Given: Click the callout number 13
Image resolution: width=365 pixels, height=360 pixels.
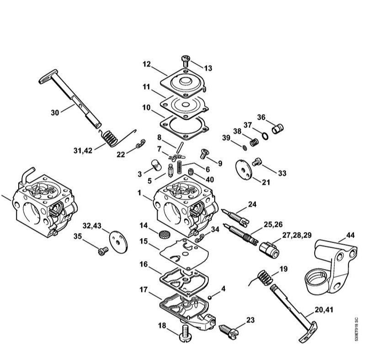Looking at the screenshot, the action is (208, 68).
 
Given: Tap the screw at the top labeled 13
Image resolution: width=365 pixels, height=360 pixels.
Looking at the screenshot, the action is (185, 61).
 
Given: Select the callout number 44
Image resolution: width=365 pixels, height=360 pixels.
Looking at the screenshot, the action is (350, 235).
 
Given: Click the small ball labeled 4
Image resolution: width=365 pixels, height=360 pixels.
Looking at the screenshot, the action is (210, 297).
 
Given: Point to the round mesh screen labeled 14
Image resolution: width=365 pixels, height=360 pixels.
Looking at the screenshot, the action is (164, 234).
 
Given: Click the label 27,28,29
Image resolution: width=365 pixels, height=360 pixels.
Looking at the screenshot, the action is (297, 235).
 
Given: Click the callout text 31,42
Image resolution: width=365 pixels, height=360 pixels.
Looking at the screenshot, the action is (83, 151).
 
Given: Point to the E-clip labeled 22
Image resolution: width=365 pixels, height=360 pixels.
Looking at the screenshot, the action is (141, 144).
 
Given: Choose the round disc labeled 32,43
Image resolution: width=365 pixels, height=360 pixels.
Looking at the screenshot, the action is (118, 242).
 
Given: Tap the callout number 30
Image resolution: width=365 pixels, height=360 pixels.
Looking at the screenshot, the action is (55, 113).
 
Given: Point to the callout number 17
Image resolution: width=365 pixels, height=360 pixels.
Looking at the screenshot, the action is (143, 290).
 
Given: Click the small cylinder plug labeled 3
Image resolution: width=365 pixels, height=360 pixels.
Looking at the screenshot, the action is (156, 165).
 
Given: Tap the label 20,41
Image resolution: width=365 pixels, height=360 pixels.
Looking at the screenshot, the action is (324, 310).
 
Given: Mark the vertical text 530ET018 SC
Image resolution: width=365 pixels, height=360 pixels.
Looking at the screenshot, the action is (356, 329).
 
